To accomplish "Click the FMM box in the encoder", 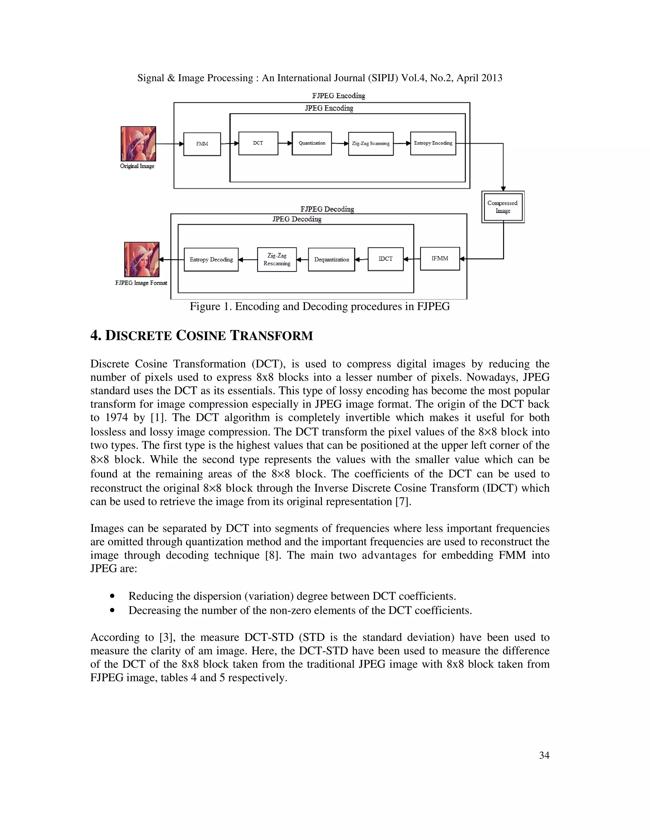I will (x=202, y=144).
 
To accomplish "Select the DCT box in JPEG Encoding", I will (x=258, y=143).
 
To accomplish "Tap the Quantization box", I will (x=312, y=143).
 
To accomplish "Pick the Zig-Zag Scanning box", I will (x=370, y=144).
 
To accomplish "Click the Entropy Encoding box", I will (x=433, y=143).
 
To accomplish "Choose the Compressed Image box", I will (x=502, y=207).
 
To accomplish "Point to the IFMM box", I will (x=440, y=258).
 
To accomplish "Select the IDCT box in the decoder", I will (x=385, y=259).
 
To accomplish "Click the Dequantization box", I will (x=331, y=260).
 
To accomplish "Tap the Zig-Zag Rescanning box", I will (x=277, y=260).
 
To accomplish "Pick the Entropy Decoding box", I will (x=211, y=260).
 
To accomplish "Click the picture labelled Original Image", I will (x=138, y=144).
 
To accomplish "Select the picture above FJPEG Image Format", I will (x=142, y=259).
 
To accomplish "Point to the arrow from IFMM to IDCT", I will (x=412, y=259).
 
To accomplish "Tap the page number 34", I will (x=544, y=755).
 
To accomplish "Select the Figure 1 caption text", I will (x=320, y=307).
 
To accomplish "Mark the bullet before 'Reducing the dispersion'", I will (x=112, y=596).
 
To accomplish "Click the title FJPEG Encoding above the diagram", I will (x=338, y=95).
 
